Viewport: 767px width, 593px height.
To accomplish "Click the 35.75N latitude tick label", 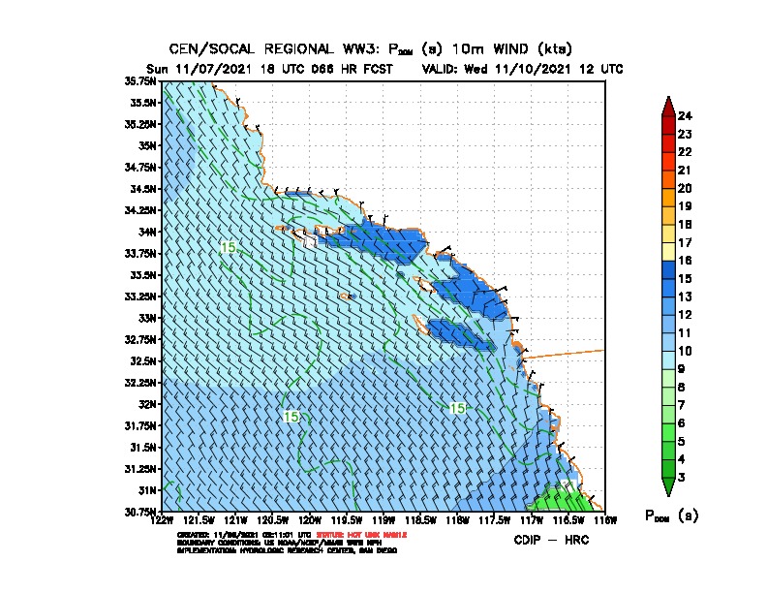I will click(x=142, y=81).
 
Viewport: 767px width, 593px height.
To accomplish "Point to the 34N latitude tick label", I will click(x=148, y=232).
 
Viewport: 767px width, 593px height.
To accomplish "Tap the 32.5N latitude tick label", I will click(x=144, y=360).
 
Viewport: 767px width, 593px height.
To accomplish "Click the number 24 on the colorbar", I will click(x=685, y=116).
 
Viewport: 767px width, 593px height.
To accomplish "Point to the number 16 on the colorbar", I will click(x=685, y=260).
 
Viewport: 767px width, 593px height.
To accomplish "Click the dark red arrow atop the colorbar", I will click(x=668, y=105).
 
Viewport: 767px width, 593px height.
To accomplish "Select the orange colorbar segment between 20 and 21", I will click(x=668, y=179).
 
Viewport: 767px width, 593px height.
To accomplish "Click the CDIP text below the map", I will click(x=529, y=540).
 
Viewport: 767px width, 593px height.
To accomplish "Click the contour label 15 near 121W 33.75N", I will click(x=229, y=248).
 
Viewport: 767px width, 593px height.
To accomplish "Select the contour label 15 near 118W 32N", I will click(x=458, y=409).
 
